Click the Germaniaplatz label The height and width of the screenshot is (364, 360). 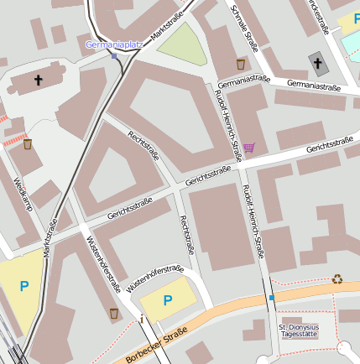click(x=112, y=44)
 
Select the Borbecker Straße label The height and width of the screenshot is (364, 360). click(x=154, y=345)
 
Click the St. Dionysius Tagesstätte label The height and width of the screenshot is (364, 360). click(x=300, y=329)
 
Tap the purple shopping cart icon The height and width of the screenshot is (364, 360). click(x=248, y=148)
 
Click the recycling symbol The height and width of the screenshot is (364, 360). click(x=337, y=279)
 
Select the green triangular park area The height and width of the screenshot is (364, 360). click(x=183, y=45)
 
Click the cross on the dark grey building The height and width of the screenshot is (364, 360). click(x=316, y=63)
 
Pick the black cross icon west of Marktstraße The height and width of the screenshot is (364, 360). click(x=38, y=81)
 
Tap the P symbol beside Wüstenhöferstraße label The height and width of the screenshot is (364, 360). click(x=167, y=300)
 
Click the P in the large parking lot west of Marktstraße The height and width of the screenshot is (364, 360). click(x=23, y=286)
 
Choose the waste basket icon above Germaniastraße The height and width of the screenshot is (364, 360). click(x=241, y=64)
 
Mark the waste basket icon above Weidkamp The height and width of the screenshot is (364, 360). click(x=28, y=144)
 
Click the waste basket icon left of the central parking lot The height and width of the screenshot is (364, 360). click(x=113, y=313)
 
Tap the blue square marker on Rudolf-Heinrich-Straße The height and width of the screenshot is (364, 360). click(x=272, y=297)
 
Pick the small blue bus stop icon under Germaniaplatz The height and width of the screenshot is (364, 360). click(x=114, y=56)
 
